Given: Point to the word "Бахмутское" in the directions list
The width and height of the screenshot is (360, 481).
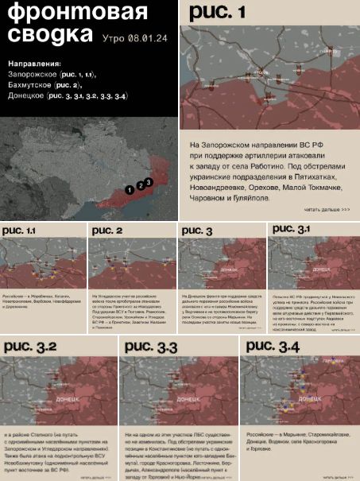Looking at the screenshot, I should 31,84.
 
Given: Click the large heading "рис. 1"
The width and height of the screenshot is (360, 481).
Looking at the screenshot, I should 218,12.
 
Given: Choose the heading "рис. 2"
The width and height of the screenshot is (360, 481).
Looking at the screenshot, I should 107,231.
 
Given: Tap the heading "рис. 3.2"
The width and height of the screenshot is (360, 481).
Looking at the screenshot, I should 30,346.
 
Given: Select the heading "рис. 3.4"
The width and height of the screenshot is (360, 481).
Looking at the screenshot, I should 273,346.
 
